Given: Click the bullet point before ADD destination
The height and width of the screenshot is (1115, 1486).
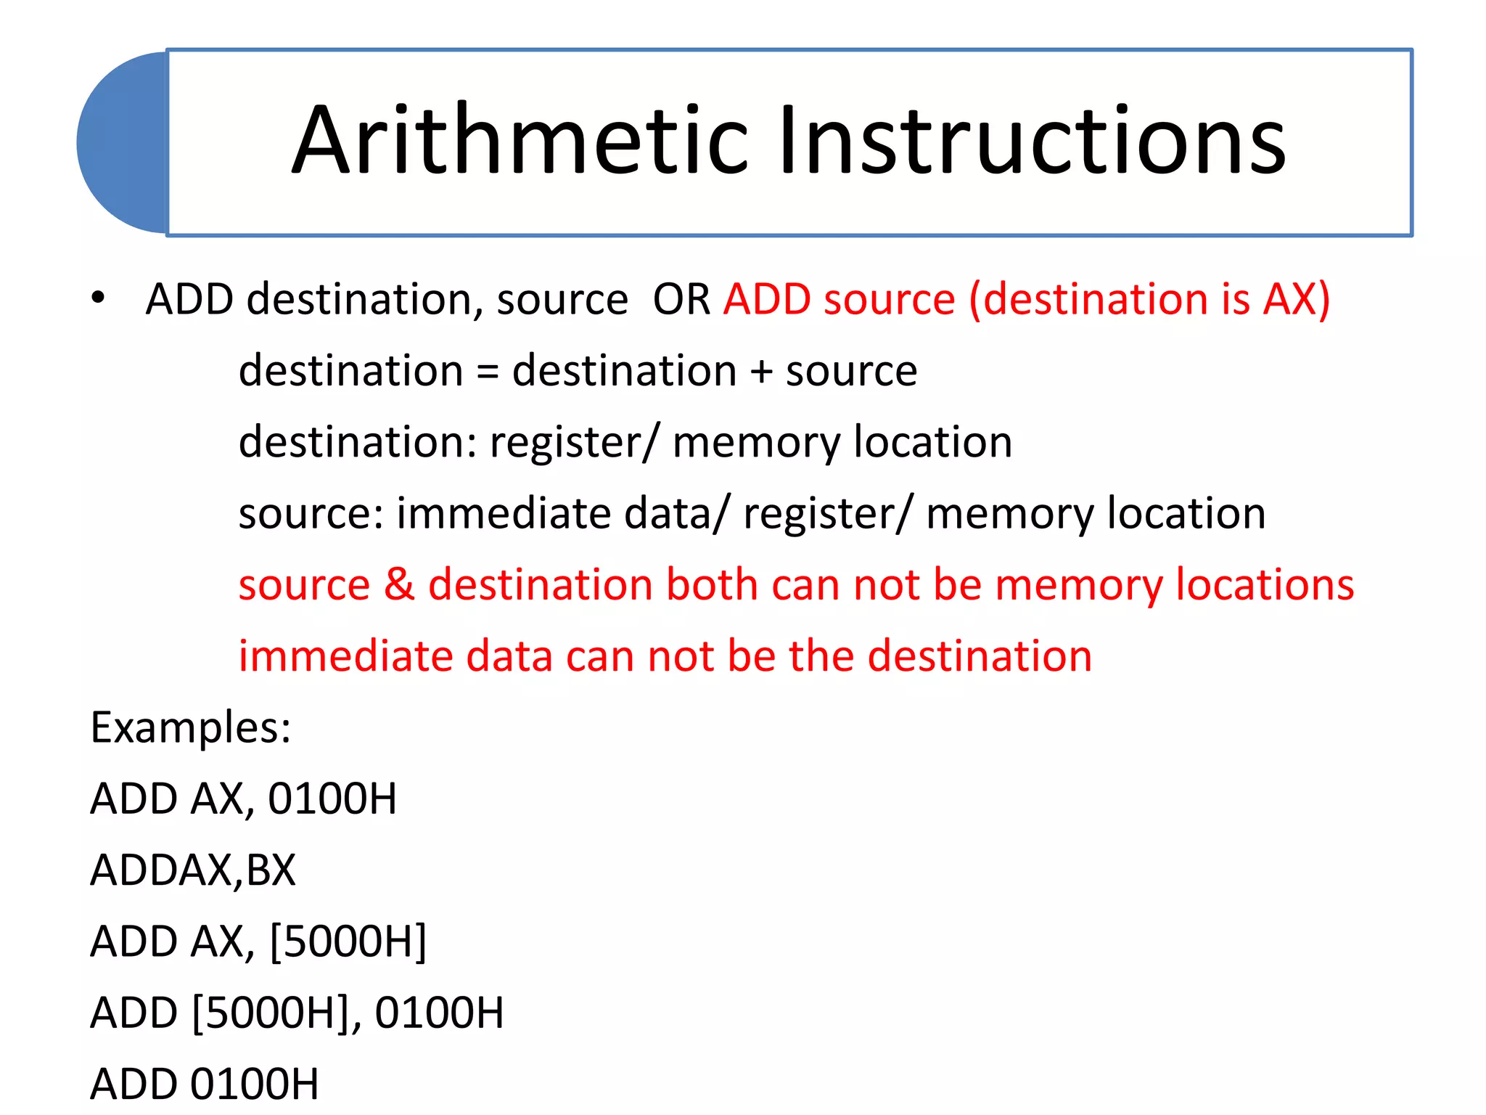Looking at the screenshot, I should point(98,298).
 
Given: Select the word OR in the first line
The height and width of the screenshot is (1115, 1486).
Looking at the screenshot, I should point(681,299).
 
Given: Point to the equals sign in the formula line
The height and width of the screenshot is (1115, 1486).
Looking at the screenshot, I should point(488,372).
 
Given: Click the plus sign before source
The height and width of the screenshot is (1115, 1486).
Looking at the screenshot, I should point(761,372).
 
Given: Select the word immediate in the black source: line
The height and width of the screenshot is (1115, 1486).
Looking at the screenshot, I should point(504,513).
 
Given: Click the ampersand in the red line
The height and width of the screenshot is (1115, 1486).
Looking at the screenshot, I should point(399,584).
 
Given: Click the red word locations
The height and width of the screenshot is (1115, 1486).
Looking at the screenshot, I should point(1264,584).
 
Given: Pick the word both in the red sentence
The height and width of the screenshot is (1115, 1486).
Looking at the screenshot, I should point(712,584).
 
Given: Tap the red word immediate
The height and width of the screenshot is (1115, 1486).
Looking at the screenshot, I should point(345,655).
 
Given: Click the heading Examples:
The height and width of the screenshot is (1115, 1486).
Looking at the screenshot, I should point(191,727).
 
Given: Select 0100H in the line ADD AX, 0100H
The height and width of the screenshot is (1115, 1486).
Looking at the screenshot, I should point(332,799).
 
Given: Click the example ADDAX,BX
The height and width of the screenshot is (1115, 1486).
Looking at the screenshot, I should point(193,870).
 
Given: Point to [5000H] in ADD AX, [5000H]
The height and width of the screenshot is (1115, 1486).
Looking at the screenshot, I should point(348,942).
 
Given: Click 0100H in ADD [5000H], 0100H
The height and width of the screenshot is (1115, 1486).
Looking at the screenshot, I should point(439,1013).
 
